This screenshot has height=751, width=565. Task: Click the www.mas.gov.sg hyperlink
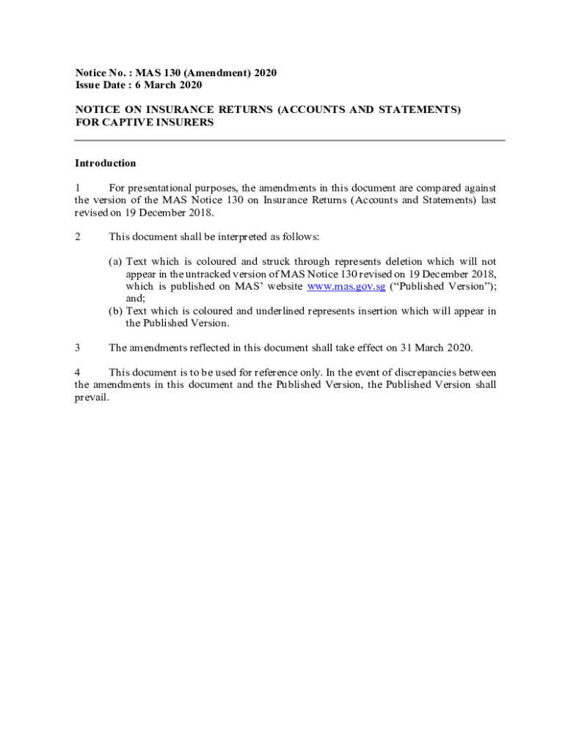point(346,286)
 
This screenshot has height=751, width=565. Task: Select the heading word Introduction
point(105,163)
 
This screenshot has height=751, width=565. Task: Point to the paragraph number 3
point(78,347)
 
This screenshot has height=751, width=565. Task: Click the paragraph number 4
point(78,372)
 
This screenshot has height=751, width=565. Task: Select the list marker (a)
point(115,261)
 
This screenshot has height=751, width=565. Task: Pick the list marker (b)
point(115,311)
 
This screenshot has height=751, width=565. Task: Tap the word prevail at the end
point(92,397)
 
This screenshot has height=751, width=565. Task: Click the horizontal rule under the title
point(290,140)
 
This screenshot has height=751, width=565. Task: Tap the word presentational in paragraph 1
point(169,188)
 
